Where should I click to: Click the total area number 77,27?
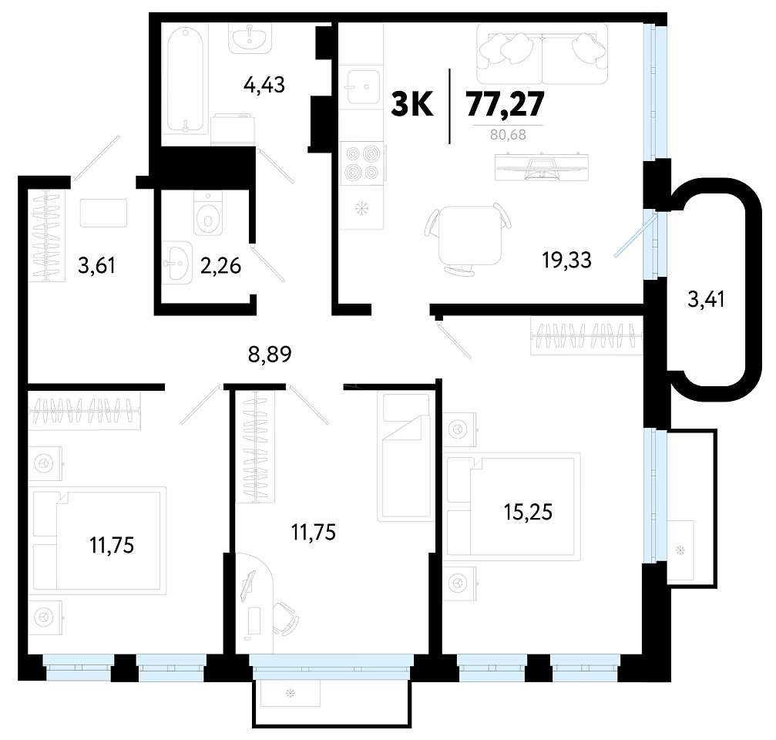tap(505, 104)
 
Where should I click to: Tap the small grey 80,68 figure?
tap(508, 135)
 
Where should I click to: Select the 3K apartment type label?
tap(412, 104)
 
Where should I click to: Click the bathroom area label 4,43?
tap(264, 85)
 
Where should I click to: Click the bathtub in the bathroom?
tap(185, 80)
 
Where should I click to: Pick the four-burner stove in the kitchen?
tap(361, 163)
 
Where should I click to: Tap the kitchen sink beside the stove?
tap(363, 87)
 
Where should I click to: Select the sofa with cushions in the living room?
tap(543, 53)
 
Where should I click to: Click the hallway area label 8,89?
tap(270, 355)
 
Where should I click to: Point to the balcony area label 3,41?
tap(706, 299)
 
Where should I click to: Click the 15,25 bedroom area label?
tap(528, 512)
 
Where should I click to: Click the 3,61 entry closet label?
tap(96, 266)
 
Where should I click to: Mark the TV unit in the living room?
tap(542, 167)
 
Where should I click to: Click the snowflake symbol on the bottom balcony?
tap(291, 694)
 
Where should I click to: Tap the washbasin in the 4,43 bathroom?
tap(250, 38)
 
